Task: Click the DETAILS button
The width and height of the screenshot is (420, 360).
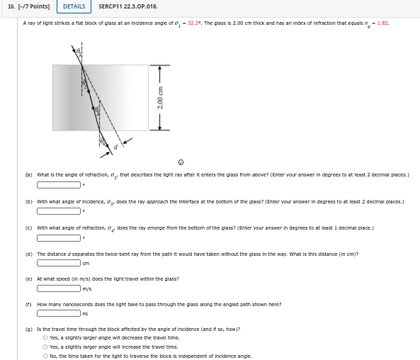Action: [74, 7]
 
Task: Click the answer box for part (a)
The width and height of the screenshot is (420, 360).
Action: [59, 185]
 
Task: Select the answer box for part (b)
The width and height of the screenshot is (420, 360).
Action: [59, 210]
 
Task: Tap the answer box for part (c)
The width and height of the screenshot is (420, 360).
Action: [59, 237]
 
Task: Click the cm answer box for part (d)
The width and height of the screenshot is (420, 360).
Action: [59, 263]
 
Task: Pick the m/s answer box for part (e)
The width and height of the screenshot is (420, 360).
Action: [59, 288]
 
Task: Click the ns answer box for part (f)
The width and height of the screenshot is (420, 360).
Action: [59, 314]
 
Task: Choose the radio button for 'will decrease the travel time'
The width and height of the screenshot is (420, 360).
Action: [45, 338]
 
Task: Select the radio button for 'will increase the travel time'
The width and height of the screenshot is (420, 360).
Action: [45, 347]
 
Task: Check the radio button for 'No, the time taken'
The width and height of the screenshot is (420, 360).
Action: [45, 356]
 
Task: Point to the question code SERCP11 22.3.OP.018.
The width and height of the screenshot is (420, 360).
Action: [128, 7]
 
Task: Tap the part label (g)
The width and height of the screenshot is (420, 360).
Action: [29, 330]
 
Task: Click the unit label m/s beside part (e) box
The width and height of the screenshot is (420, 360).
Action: [87, 288]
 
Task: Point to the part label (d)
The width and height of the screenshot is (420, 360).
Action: [29, 254]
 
